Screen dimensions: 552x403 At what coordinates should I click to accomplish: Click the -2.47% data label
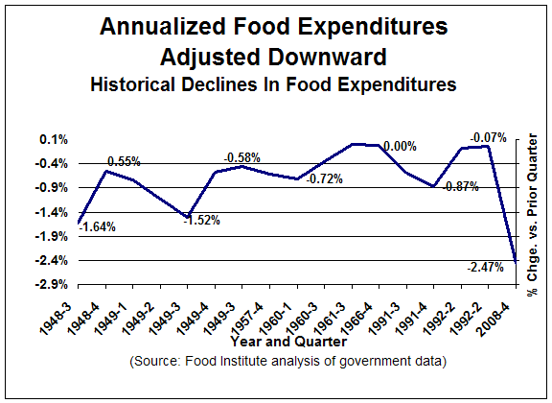click(486, 268)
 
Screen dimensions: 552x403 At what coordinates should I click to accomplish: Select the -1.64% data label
click(98, 227)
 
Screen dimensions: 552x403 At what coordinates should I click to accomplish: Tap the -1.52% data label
click(202, 221)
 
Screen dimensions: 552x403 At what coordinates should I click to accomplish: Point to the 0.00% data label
click(400, 146)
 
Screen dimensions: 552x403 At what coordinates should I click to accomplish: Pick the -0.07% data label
click(489, 137)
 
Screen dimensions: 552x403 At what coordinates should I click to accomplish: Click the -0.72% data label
click(325, 179)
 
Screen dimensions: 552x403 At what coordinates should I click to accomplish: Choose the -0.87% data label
click(460, 187)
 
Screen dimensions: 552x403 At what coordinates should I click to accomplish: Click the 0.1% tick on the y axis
click(54, 140)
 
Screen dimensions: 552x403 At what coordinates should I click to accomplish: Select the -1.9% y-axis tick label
click(52, 236)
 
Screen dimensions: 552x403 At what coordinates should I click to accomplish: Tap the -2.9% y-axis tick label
click(52, 284)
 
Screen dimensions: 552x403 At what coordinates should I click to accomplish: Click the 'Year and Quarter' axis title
click(288, 342)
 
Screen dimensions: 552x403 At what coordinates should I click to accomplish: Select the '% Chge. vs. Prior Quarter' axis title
click(532, 215)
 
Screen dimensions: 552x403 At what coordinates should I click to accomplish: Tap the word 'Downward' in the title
click(322, 58)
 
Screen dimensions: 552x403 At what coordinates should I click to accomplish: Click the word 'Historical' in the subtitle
click(132, 85)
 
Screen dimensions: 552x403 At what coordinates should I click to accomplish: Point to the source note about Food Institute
click(287, 362)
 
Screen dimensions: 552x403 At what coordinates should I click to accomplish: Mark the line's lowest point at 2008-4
click(516, 263)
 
